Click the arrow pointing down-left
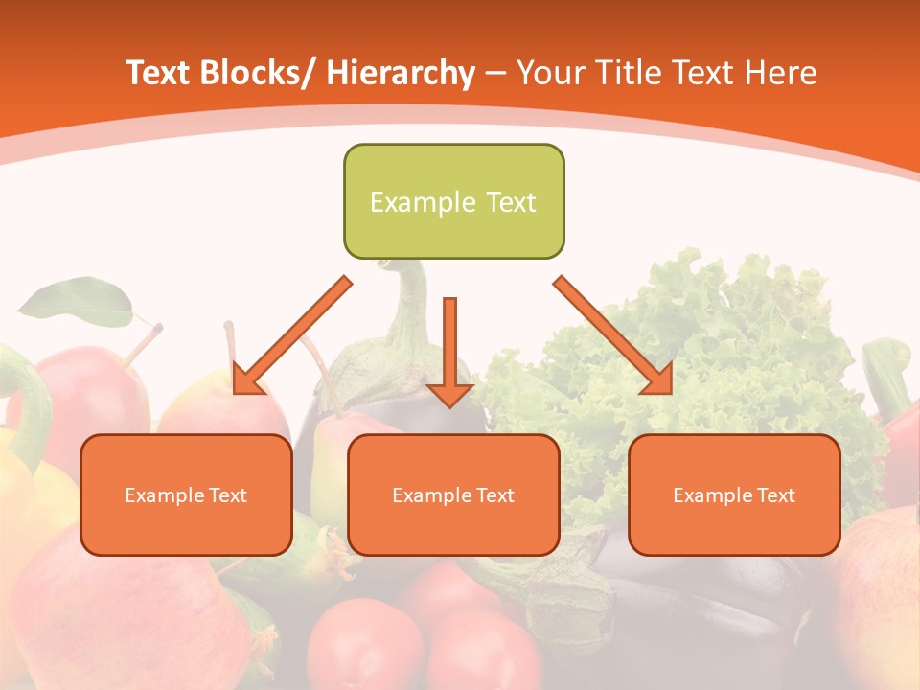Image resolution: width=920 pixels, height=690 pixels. tap(293, 336)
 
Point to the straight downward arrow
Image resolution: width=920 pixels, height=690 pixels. tap(450, 350)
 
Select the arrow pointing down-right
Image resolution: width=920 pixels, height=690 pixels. tap(613, 335)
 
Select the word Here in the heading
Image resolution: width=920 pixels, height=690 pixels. tap(778, 73)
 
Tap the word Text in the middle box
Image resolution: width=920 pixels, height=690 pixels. tap(494, 495)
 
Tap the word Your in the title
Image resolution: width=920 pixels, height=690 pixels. tap(548, 73)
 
